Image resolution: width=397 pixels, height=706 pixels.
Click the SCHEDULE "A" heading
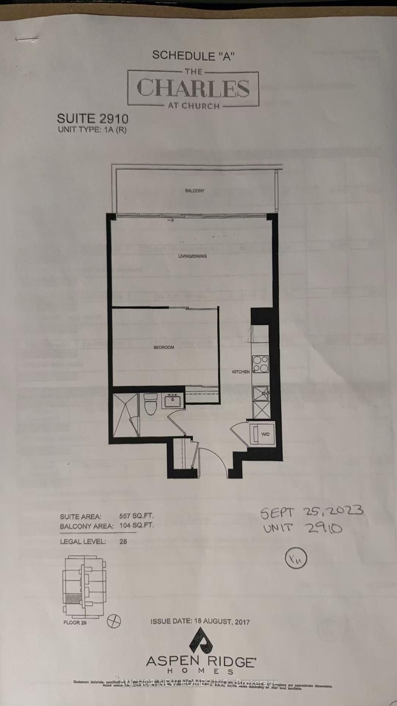[193, 56]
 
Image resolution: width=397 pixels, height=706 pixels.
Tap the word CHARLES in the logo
[193, 88]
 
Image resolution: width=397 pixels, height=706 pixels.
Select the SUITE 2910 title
[93, 119]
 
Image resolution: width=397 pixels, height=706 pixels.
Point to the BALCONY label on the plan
[194, 191]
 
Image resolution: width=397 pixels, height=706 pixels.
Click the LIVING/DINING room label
[192, 256]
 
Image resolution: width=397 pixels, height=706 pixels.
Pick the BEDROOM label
[164, 347]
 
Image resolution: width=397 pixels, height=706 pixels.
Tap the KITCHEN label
[241, 372]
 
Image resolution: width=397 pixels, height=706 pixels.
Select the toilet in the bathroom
[150, 404]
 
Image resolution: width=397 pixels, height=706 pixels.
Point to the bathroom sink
[173, 400]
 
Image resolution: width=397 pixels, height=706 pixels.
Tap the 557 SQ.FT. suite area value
[136, 516]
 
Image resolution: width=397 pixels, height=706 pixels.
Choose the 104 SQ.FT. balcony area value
[136, 525]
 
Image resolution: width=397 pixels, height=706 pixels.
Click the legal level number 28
[123, 541]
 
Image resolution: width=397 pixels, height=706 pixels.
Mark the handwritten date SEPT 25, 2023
[312, 511]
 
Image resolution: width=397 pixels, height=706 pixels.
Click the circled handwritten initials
[296, 559]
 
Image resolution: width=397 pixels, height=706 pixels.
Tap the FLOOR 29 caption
[75, 623]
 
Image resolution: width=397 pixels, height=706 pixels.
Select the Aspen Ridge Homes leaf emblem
[201, 640]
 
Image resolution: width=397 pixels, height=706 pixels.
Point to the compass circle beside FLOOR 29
[114, 621]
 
